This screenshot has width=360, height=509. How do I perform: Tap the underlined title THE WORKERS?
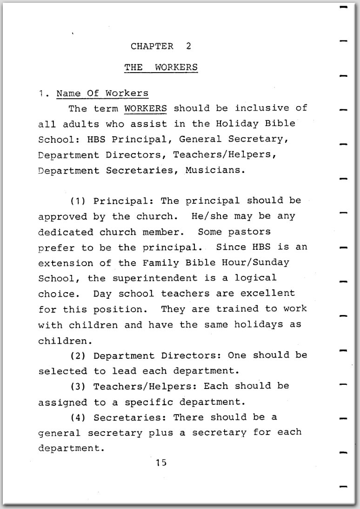point(160,67)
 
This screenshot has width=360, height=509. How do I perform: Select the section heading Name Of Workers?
point(102,93)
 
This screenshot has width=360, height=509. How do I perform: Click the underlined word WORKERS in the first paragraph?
point(146,108)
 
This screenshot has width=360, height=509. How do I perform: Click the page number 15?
point(161,462)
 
